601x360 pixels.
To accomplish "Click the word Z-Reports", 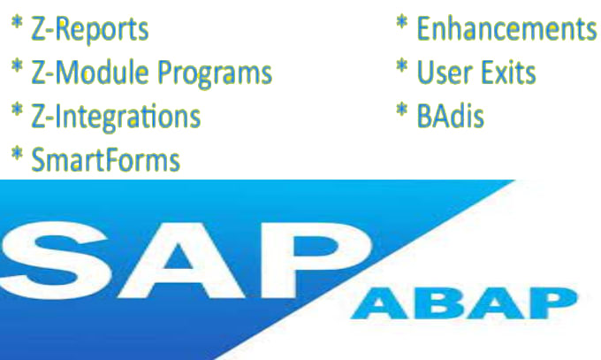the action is pyautogui.click(x=89, y=29).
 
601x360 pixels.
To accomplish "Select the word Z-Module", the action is pyautogui.click(x=89, y=73).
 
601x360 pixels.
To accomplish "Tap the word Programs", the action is pyautogui.click(x=215, y=73).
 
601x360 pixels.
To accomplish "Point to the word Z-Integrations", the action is pyautogui.click(x=116, y=117).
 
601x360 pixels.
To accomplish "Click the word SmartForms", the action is pyautogui.click(x=105, y=160).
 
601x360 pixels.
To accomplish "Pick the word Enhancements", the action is pyautogui.click(x=506, y=28).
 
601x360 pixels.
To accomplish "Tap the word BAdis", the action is pyautogui.click(x=450, y=116).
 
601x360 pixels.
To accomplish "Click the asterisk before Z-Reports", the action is pyautogui.click(x=17, y=22).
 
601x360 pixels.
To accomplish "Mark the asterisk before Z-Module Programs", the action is pyautogui.click(x=17, y=65).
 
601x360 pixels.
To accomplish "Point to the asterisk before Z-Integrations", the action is pyautogui.click(x=17, y=110).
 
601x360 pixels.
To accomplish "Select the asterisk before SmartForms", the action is pyautogui.click(x=17, y=154).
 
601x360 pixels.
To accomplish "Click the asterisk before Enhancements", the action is pyautogui.click(x=401, y=22).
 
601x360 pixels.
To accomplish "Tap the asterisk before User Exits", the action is pyautogui.click(x=401, y=65).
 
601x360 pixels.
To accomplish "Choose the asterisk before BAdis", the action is pyautogui.click(x=401, y=110).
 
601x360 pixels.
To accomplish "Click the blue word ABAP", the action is pyautogui.click(x=464, y=303).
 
